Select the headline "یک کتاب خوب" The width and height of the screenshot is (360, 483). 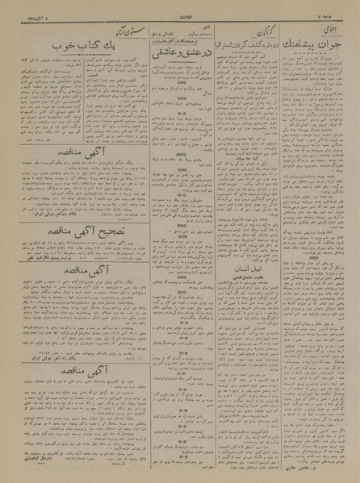coord(57,44)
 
